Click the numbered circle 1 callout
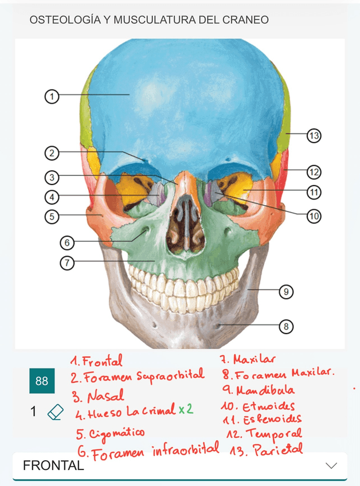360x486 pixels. [52, 96]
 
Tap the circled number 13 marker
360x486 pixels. [313, 136]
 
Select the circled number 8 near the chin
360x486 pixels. [285, 327]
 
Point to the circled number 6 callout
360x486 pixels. [67, 243]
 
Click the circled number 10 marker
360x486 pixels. [313, 216]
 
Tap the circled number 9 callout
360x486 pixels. [285, 292]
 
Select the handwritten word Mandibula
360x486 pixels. [265, 391]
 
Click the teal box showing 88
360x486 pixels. [42, 381]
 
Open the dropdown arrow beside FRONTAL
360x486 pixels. [331, 465]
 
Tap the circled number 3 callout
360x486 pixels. [52, 177]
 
